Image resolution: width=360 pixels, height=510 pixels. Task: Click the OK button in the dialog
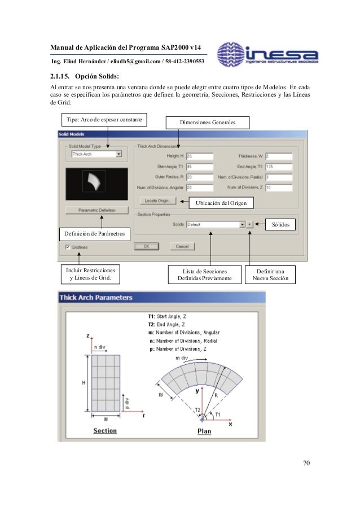[146, 246]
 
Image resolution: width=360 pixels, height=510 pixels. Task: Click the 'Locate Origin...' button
[159, 200]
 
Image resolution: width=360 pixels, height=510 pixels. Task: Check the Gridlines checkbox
[68, 247]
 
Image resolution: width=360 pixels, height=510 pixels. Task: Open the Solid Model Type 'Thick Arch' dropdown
[96, 153]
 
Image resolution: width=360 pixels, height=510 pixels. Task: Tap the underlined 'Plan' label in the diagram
[204, 432]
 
